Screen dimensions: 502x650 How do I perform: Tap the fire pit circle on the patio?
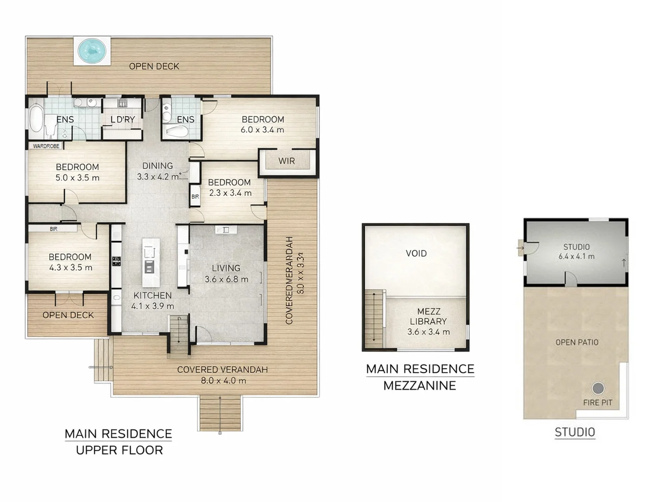click(x=598, y=388)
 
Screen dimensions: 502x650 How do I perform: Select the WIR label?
click(x=286, y=161)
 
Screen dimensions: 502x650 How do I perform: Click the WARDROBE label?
click(x=46, y=146)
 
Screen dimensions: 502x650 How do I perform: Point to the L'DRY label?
click(x=123, y=119)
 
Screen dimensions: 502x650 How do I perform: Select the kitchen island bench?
click(x=150, y=263)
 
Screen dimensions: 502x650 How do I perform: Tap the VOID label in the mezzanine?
click(x=416, y=253)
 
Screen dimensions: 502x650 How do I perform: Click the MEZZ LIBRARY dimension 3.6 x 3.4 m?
click(x=428, y=332)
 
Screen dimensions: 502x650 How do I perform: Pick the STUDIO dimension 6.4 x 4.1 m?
click(x=576, y=256)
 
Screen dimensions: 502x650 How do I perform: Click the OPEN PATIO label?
click(x=577, y=342)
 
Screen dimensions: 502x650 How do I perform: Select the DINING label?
click(x=158, y=166)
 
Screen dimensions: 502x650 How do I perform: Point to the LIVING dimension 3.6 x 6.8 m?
click(x=226, y=279)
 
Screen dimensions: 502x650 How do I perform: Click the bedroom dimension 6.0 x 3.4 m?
click(x=262, y=130)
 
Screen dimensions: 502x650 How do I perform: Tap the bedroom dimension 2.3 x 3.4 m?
click(x=230, y=193)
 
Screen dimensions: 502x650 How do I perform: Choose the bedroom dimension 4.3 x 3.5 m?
click(x=71, y=268)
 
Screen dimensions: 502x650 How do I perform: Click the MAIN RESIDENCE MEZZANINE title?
click(x=420, y=377)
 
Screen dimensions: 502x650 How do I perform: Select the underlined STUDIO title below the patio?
click(x=575, y=432)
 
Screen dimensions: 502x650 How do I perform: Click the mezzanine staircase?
click(x=374, y=320)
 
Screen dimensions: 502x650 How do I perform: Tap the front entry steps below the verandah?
click(x=220, y=413)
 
